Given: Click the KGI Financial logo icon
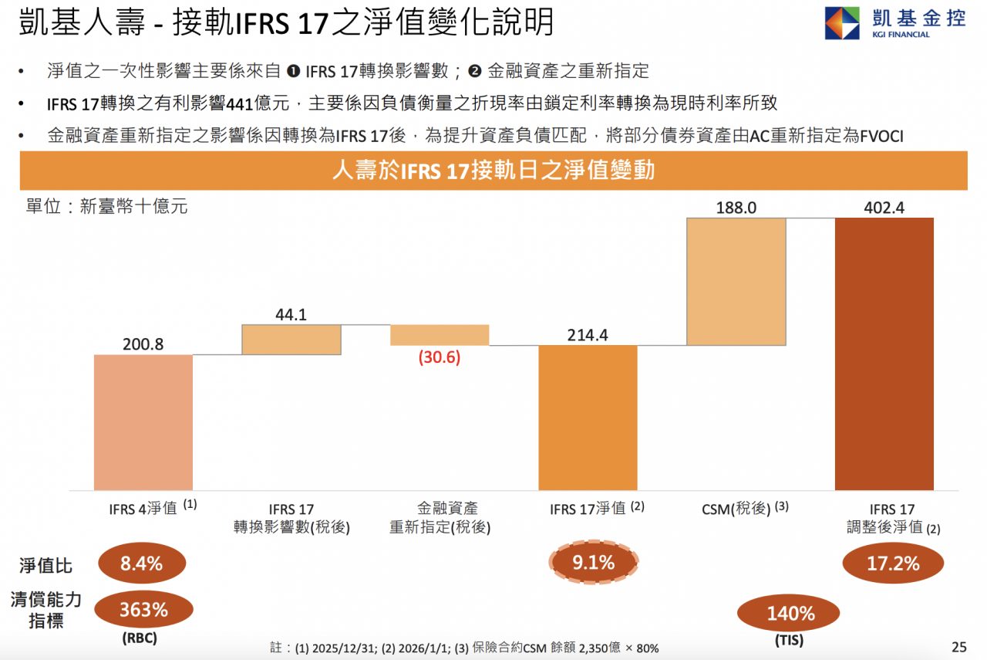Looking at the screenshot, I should point(842,23).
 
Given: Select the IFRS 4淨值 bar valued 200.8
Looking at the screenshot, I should point(143,422).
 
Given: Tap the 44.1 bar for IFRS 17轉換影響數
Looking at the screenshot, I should point(291,340).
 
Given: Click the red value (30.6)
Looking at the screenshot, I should point(440,358).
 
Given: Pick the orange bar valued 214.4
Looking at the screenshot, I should point(588,418).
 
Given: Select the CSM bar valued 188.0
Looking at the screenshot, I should point(736,282).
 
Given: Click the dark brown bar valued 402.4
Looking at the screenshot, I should point(884,354).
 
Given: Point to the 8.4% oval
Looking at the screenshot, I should point(142,564).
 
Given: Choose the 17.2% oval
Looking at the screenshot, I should point(893,564).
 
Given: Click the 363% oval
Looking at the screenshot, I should point(143,610).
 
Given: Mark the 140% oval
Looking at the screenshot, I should point(790,614).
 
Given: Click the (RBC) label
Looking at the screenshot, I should point(144,640).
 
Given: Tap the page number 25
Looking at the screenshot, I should point(958,647).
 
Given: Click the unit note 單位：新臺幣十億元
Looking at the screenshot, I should point(106,207).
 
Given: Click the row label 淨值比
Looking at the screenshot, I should point(46,566).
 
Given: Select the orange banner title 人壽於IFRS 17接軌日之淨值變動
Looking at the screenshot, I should point(493,170).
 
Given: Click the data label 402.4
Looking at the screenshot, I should point(884,207).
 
